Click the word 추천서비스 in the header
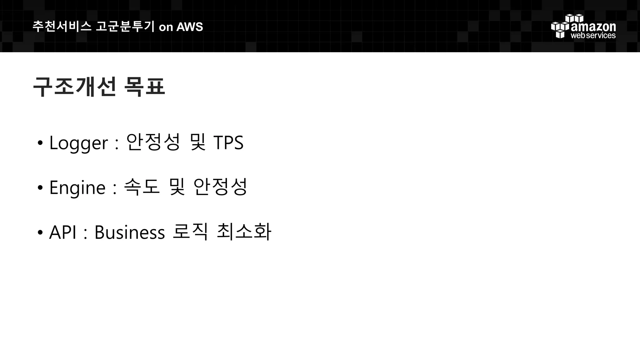coord(62,27)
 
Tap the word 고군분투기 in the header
coord(125,27)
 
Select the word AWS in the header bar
coord(190,27)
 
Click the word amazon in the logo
coord(593,27)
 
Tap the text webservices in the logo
coord(593,36)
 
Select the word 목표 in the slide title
coord(144,87)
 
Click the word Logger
coord(78,143)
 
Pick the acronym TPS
coord(228,143)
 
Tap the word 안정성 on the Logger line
coord(153,142)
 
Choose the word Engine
coord(77,188)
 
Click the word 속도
coord(142,187)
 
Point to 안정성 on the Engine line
coord(220,187)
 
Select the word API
coord(62,232)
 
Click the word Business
coord(129,232)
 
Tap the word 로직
coord(190,232)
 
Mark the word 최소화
coord(244,232)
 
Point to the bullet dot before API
coord(40,233)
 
